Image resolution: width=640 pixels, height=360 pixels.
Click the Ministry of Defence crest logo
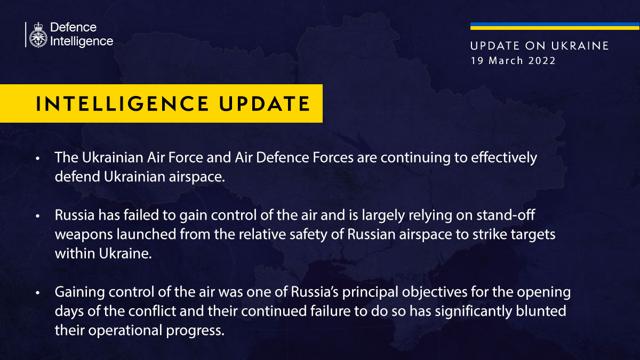pos(38,35)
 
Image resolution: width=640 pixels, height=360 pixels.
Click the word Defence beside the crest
pos(73,27)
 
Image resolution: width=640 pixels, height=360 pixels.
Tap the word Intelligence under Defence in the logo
pos(82,42)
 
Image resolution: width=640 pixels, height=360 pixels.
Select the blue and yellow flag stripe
pos(555,26)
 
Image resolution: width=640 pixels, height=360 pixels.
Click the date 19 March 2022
pos(513,61)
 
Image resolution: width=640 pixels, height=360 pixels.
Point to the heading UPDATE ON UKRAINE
pos(540,46)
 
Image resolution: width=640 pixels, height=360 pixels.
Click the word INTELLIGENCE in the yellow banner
pos(122,103)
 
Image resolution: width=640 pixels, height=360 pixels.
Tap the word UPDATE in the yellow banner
pos(265,103)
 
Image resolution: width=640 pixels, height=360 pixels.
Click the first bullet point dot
pos(38,158)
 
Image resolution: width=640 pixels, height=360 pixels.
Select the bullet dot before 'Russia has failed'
pos(38,216)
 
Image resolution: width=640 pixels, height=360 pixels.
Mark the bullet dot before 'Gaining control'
pos(38,293)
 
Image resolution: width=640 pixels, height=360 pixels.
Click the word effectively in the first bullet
pos(504,158)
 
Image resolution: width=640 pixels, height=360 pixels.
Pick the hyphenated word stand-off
pos(506,215)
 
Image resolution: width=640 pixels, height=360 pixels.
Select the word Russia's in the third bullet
pos(315,292)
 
